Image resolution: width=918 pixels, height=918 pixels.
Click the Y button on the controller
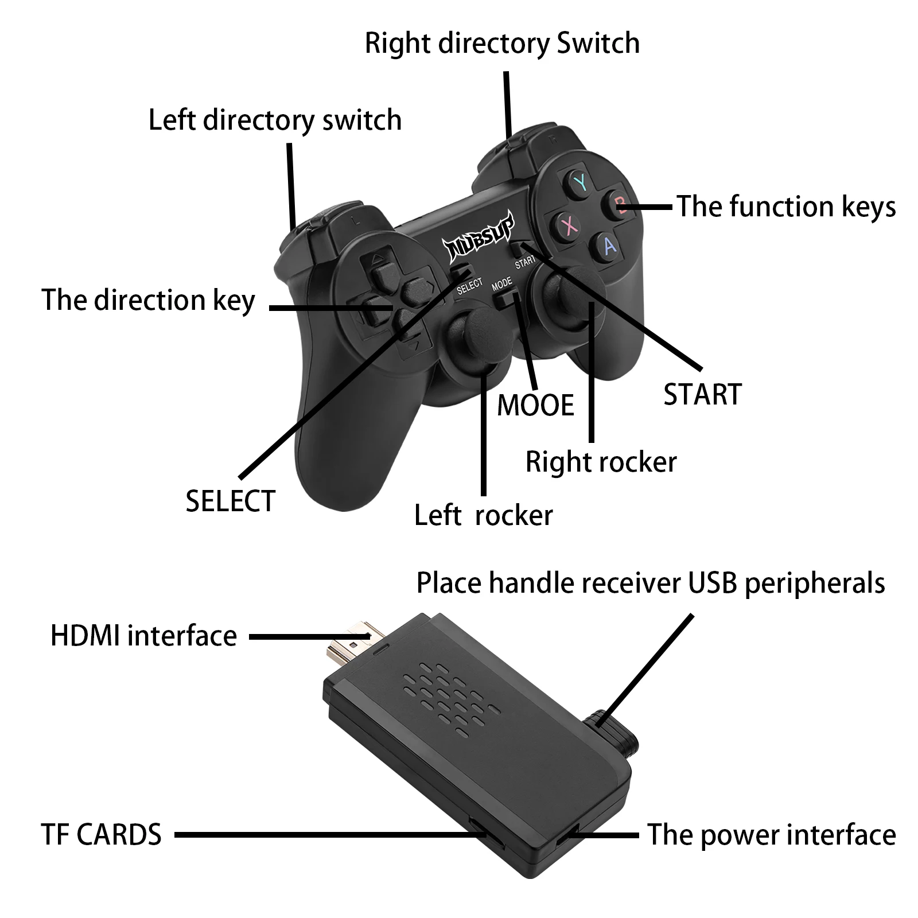coord(580,183)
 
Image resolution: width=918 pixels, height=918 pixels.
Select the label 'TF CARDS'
coord(101,834)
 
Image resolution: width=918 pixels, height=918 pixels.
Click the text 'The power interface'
coord(771,834)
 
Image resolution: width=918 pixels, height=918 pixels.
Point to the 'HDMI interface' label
coord(143,636)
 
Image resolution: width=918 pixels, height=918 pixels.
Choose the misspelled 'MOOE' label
coord(535,406)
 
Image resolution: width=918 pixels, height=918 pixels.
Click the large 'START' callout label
coord(702,395)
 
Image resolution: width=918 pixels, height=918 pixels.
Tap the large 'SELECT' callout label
coord(231,501)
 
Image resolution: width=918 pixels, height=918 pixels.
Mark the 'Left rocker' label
coord(483,515)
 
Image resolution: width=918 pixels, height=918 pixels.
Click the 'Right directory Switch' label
coord(502,44)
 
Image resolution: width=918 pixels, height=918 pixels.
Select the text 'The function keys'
coord(785,207)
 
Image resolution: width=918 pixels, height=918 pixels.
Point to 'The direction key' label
coord(148,301)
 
